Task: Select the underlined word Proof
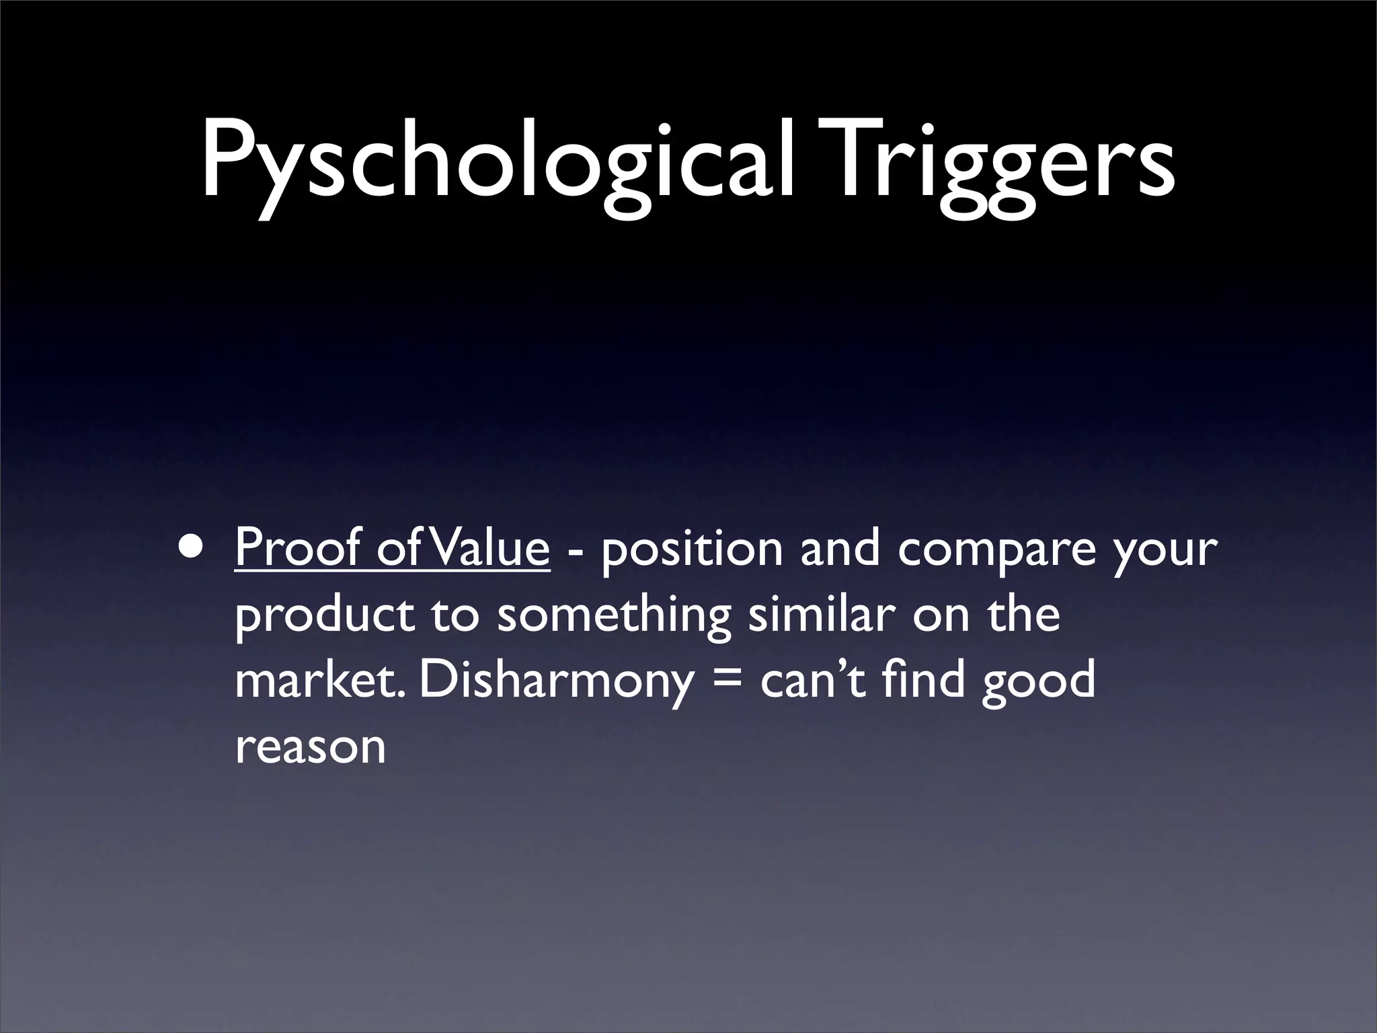click(x=298, y=548)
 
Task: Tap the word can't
click(x=815, y=680)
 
